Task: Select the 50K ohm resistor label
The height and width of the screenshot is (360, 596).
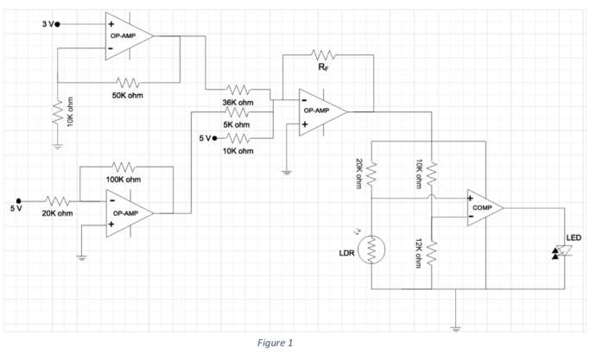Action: pyautogui.click(x=126, y=95)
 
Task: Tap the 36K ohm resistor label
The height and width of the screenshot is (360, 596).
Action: pyautogui.click(x=238, y=102)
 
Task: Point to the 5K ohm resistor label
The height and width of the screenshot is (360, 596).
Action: pyautogui.click(x=237, y=124)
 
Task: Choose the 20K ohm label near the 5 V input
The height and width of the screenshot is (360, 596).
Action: pyautogui.click(x=57, y=212)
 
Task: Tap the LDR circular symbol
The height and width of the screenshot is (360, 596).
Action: pyautogui.click(x=373, y=250)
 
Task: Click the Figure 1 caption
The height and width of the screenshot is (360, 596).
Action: pyautogui.click(x=276, y=344)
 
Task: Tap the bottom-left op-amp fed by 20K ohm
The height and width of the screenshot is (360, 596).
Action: pyautogui.click(x=128, y=212)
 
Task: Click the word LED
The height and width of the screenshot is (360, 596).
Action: pyautogui.click(x=573, y=237)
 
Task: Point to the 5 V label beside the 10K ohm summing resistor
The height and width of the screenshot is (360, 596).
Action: pyautogui.click(x=205, y=138)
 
